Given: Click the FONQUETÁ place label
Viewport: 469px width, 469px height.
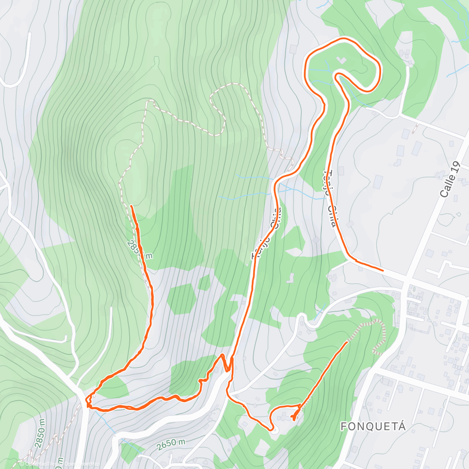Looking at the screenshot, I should [x=373, y=426].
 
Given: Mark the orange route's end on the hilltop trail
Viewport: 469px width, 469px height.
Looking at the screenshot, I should [x=131, y=206].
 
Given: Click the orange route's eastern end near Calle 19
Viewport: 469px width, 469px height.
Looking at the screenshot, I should [x=383, y=270].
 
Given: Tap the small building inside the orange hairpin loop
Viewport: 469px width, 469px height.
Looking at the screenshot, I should [x=342, y=61].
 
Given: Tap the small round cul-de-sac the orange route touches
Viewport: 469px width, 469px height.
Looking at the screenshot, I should [x=274, y=430].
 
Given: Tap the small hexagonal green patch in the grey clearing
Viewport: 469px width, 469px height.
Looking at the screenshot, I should [x=182, y=298].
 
